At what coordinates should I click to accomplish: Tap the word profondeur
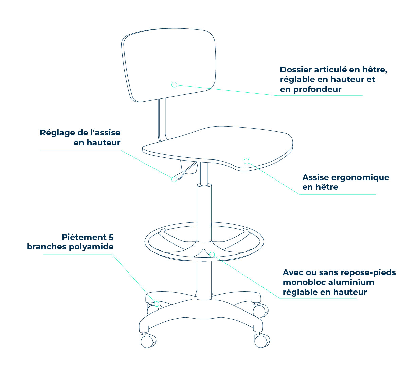tap(318, 90)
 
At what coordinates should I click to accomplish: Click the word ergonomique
tap(360, 178)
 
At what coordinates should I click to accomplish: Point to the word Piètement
tap(84, 237)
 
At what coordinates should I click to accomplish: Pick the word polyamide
tap(91, 247)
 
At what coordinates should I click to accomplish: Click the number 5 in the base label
tap(111, 237)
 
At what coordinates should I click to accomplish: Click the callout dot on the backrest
tap(174, 84)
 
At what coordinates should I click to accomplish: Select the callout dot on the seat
tap(247, 161)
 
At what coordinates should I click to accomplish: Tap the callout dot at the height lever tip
tap(174, 179)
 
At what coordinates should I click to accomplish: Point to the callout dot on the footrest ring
tap(212, 255)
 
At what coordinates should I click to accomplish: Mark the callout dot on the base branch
tap(157, 304)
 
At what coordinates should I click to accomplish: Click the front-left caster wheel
tap(148, 341)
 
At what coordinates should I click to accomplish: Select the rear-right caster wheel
tap(260, 310)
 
